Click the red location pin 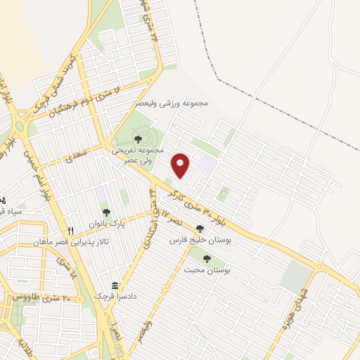pos(181,165)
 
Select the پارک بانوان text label pos(106,224)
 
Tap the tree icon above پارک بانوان pos(106,212)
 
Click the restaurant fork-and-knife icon pos(70,231)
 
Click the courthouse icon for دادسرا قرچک pos(114,284)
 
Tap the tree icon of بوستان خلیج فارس pos(200,229)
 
